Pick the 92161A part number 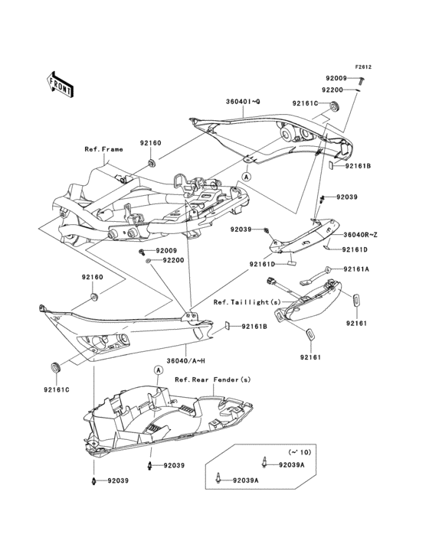coord(356,269)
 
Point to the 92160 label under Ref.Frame coord(150,142)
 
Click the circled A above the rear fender coord(159,370)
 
